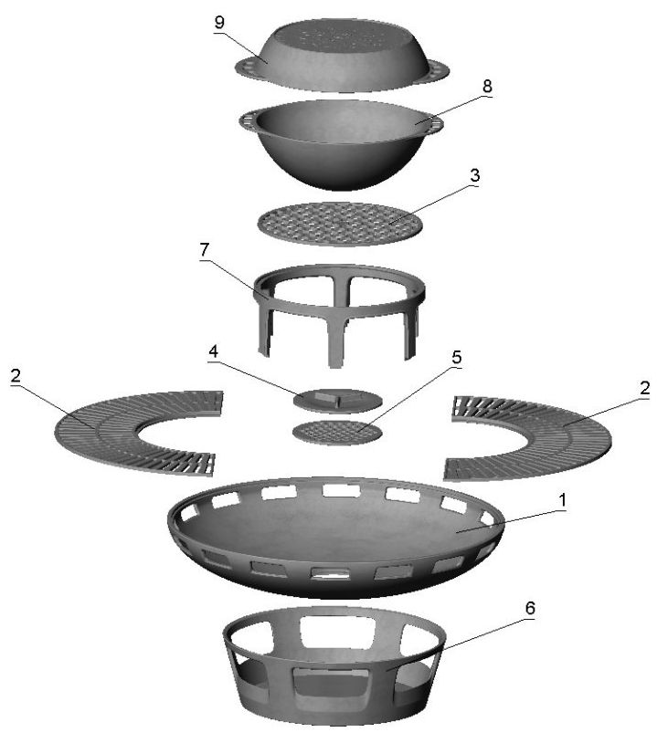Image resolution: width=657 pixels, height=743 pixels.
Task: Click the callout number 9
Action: [x=219, y=23]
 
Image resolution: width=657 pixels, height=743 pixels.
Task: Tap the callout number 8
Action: [x=487, y=87]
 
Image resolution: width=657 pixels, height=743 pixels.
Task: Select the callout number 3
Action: [x=474, y=175]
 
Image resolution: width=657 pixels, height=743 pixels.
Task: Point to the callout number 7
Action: [x=205, y=250]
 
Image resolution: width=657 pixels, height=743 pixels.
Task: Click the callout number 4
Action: [x=214, y=351]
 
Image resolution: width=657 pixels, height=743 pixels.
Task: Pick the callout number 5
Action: [x=456, y=358]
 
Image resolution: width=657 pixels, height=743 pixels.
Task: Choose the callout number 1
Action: [x=562, y=500]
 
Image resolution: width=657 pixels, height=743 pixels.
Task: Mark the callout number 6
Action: [x=530, y=608]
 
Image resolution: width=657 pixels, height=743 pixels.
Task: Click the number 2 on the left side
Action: [x=16, y=376]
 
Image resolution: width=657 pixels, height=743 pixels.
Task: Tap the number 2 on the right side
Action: [x=644, y=389]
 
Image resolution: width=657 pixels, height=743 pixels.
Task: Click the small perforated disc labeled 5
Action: [x=337, y=432]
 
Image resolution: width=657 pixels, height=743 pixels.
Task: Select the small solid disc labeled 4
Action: [x=337, y=401]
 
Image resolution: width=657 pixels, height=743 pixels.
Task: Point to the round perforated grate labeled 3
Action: [x=340, y=224]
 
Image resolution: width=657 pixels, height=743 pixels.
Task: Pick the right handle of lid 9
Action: [x=439, y=70]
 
